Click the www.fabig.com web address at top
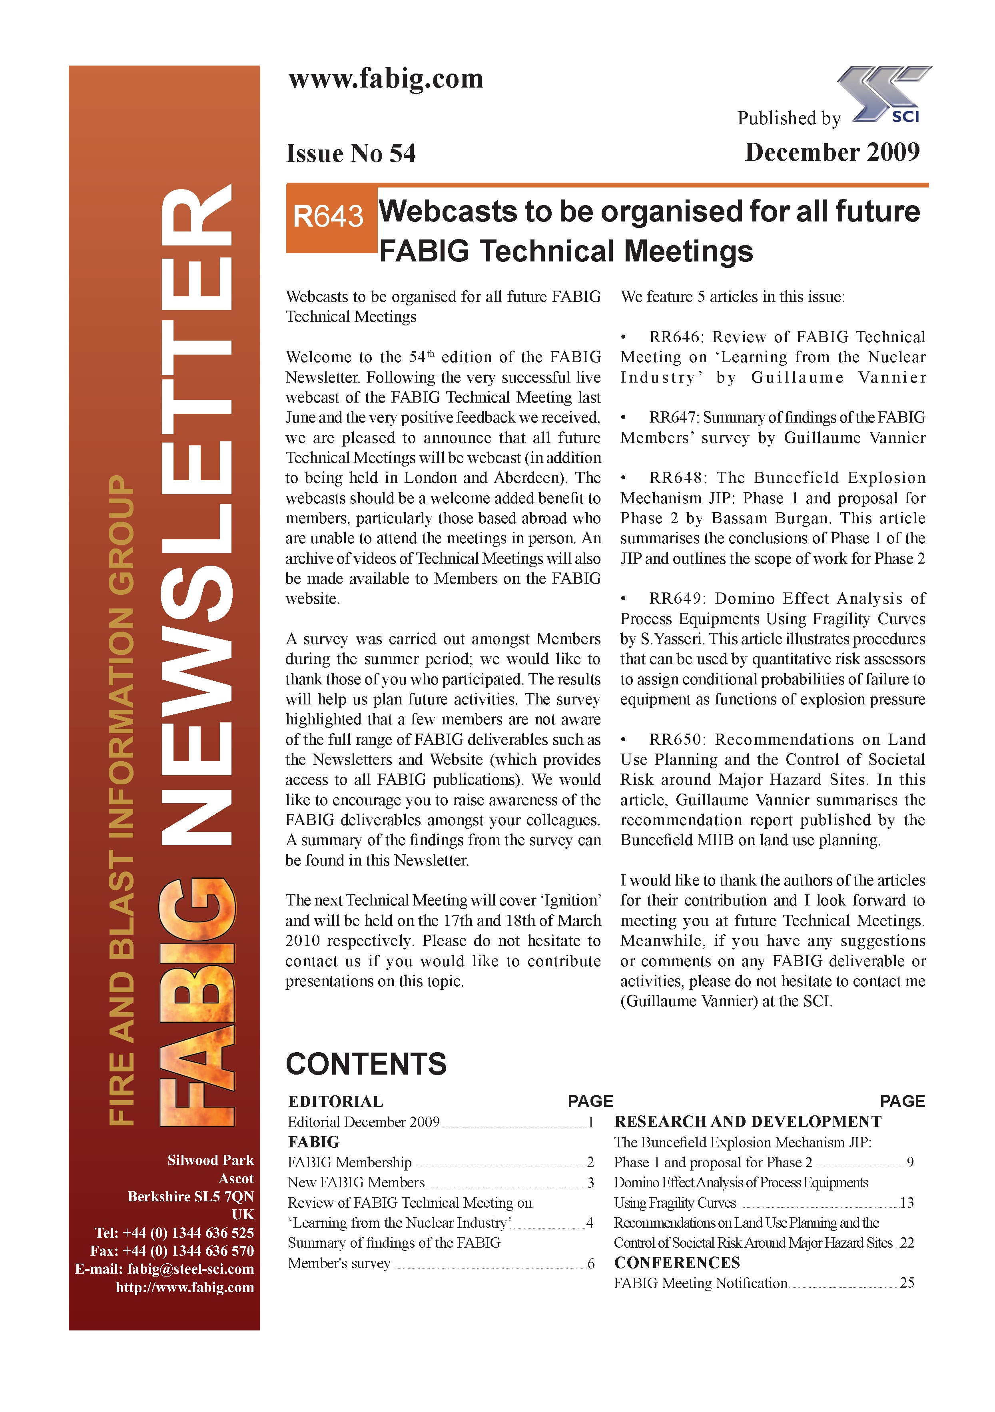click(386, 79)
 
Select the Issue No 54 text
click(351, 153)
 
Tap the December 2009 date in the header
click(832, 152)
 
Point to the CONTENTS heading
click(366, 1064)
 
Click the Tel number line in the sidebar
click(174, 1233)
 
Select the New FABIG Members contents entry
click(356, 1182)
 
